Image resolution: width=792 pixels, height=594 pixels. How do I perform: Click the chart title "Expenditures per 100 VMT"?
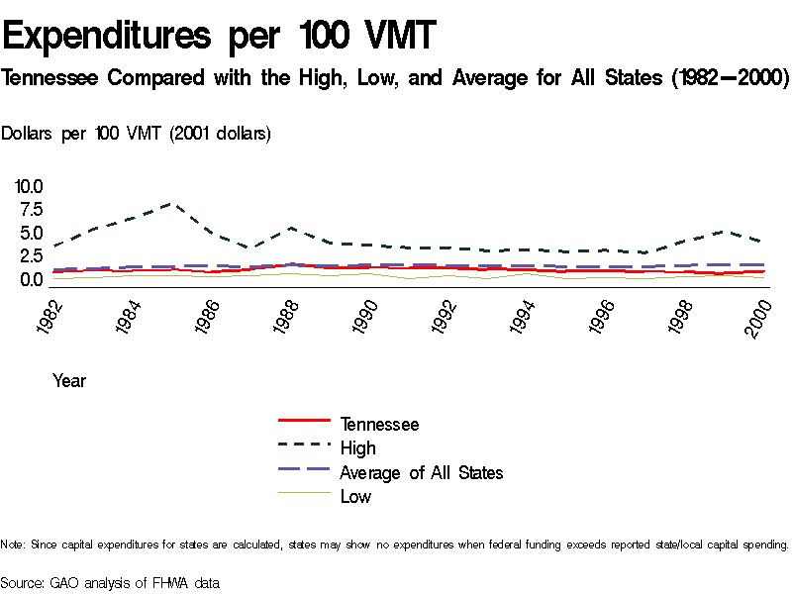coord(219,38)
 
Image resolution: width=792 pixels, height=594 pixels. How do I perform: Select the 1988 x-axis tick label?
coord(287,316)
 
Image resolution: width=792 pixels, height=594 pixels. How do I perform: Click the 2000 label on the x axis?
coord(759,316)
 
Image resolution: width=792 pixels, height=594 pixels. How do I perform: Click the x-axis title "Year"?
coord(69,380)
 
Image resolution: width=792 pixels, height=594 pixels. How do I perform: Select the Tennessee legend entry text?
coord(379,425)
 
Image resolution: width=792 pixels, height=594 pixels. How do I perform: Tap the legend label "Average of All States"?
coord(421,473)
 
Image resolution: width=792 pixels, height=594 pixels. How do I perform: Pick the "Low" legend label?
coord(355,497)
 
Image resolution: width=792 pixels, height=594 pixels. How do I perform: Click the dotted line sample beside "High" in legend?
coord(304,447)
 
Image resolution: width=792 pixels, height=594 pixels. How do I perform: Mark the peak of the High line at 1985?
coord(172,204)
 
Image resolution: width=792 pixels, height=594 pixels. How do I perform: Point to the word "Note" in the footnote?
coord(12,544)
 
